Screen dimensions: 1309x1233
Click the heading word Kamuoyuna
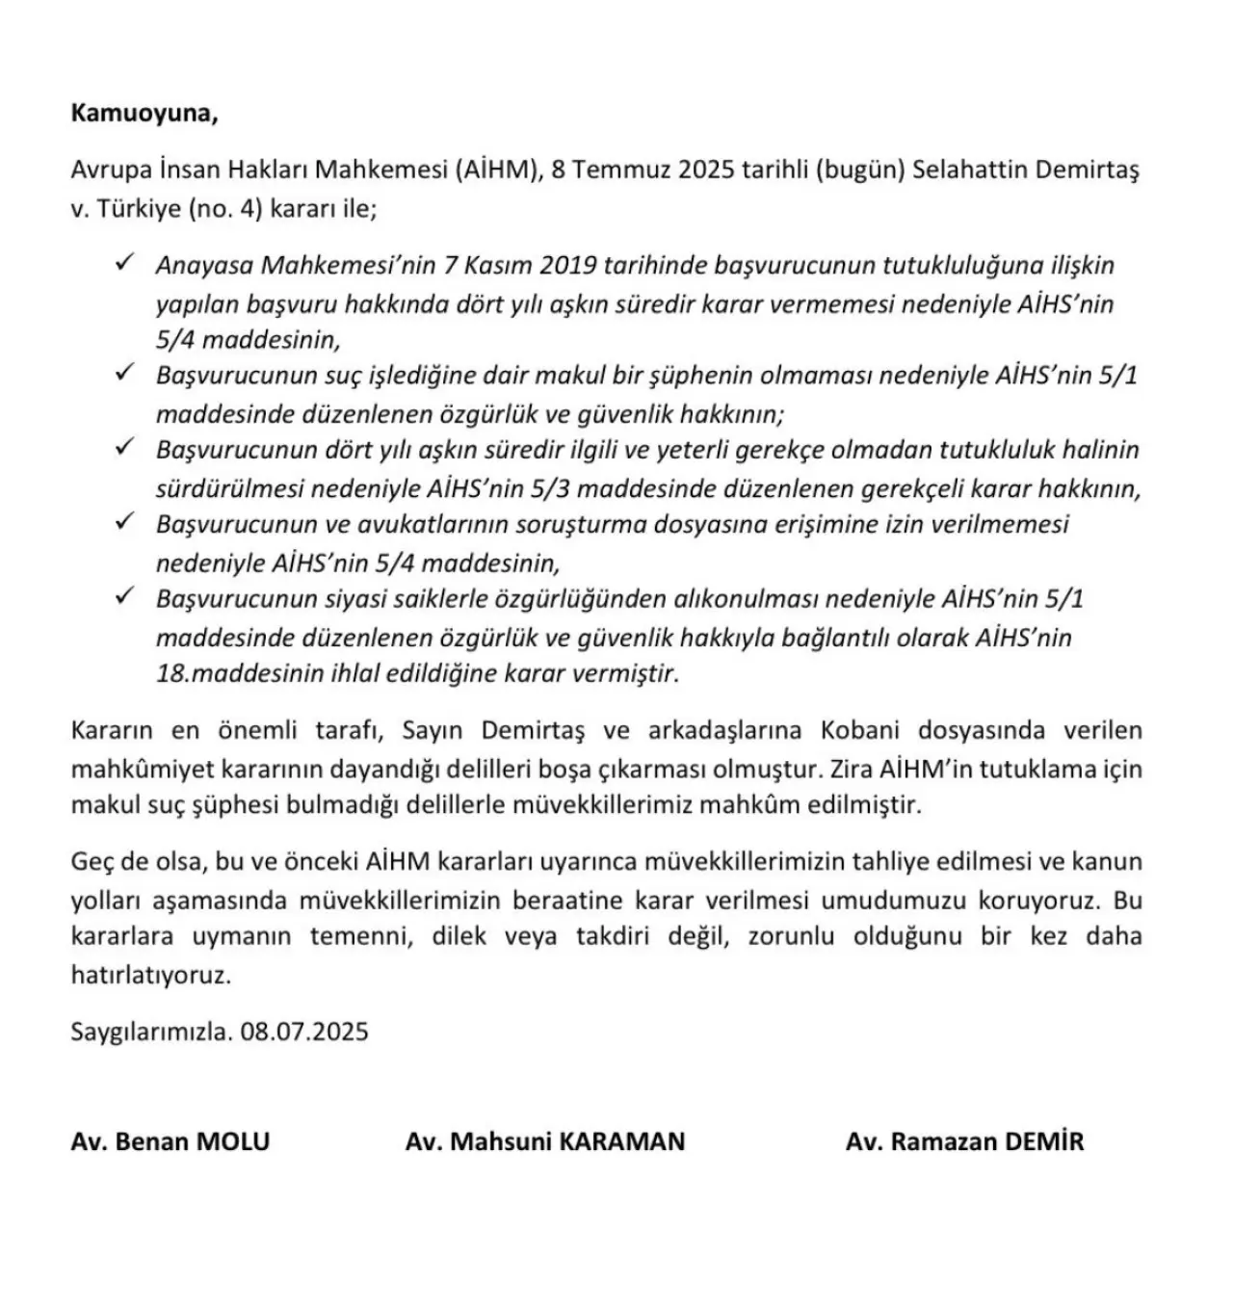pos(144,114)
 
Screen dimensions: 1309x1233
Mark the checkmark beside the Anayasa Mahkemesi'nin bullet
pos(124,263)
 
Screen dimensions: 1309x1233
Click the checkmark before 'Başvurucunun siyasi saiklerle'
pos(124,597)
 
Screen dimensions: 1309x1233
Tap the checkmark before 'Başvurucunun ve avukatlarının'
pos(124,522)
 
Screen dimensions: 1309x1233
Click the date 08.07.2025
pos(305,1032)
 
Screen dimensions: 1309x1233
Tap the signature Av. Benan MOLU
pos(171,1142)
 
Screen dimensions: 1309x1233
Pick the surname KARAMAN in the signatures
pos(622,1142)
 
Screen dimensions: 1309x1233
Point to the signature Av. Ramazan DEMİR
pos(964,1142)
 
